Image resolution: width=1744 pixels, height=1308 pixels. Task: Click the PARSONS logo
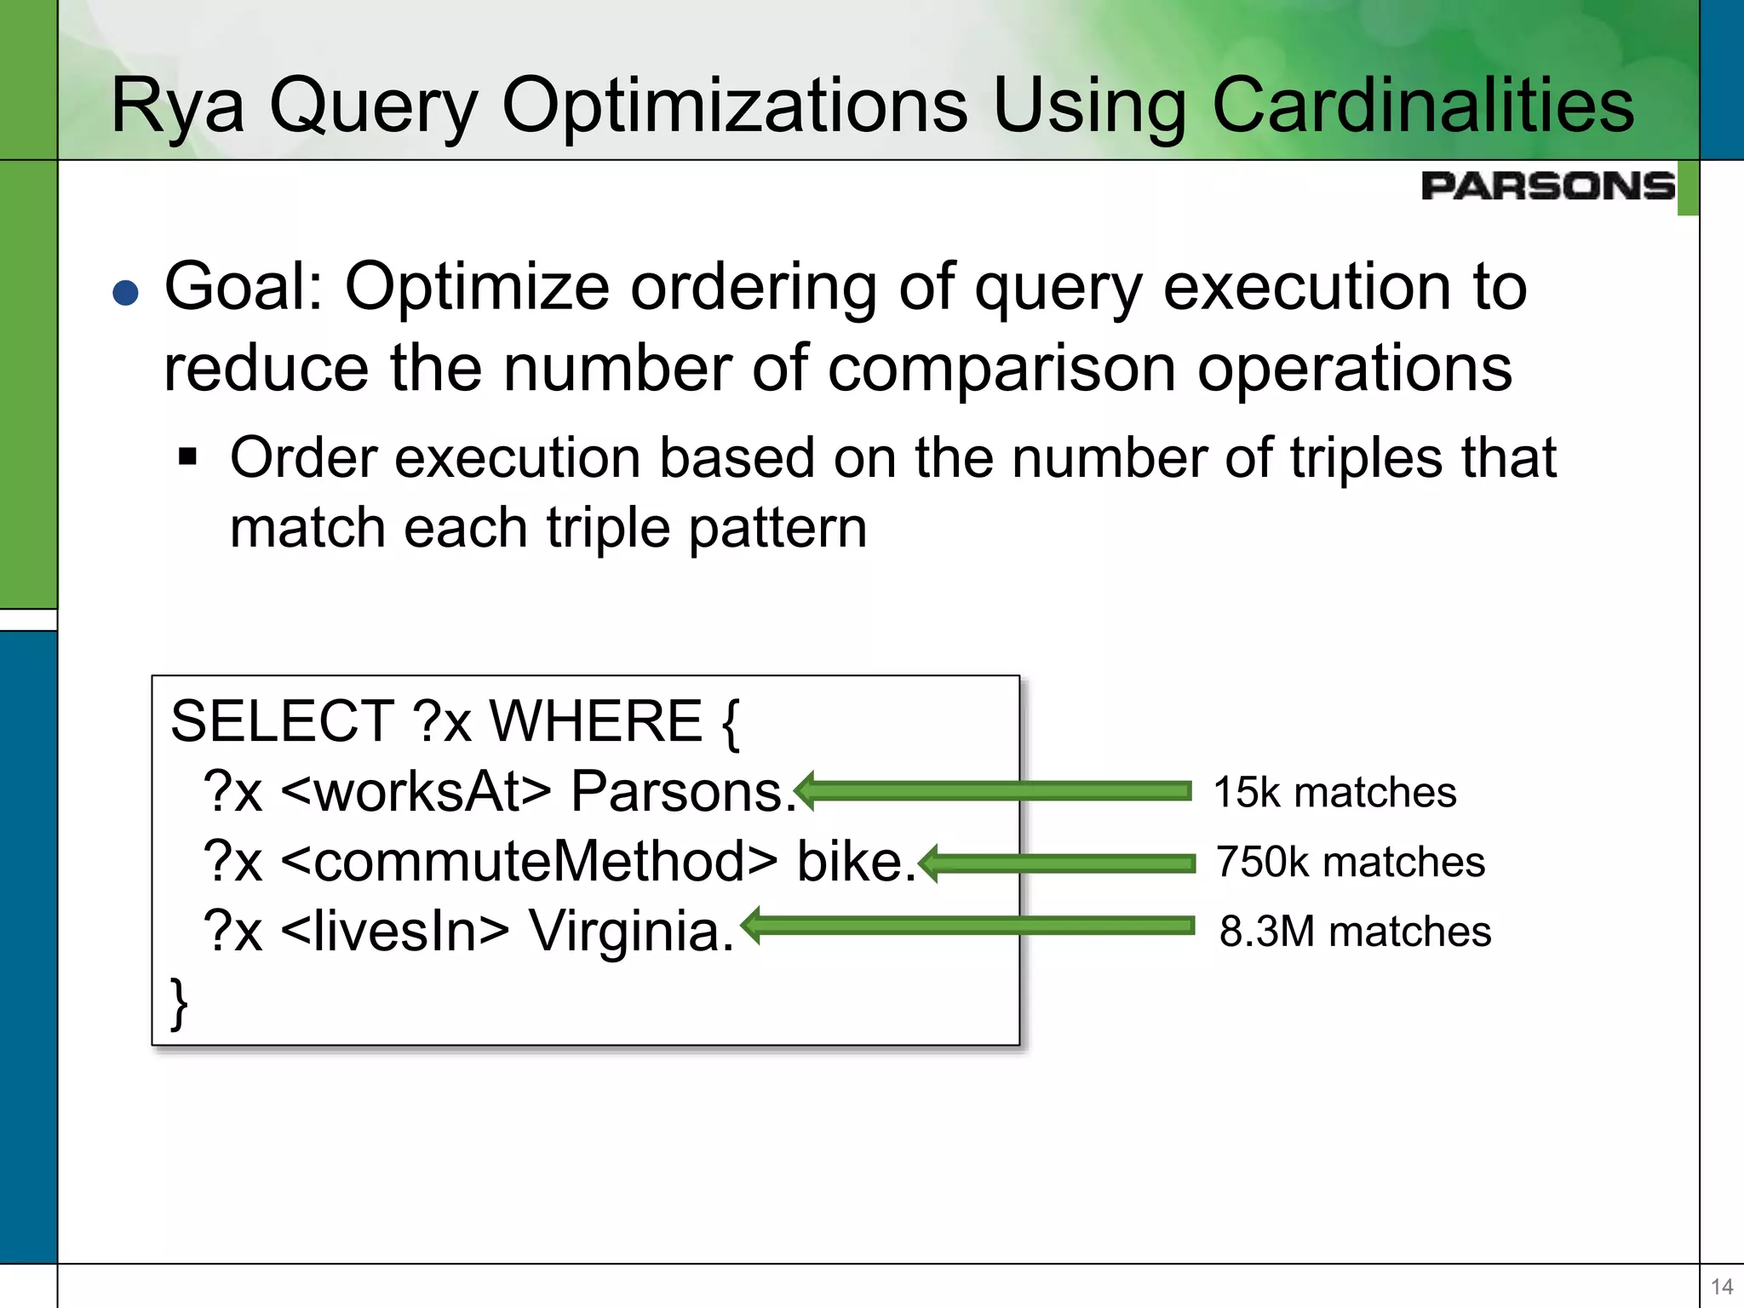coord(1547,186)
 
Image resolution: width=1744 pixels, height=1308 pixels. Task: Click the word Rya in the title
coord(178,106)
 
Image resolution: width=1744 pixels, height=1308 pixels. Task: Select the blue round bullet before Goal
coord(125,293)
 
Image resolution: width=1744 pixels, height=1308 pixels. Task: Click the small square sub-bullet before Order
coord(187,458)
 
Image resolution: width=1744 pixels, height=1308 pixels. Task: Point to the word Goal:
coord(244,288)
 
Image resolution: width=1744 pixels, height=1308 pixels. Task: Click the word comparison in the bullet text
coord(1001,369)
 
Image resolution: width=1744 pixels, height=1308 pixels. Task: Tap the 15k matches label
coord(1334,792)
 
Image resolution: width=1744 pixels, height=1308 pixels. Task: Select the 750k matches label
coord(1350,862)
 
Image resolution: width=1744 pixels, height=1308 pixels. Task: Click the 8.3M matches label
coord(1355,932)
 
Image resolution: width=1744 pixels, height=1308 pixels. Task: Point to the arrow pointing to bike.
coord(1056,863)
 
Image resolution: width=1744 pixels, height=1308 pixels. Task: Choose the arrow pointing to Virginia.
coord(967,926)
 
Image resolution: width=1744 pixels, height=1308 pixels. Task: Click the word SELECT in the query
coord(282,721)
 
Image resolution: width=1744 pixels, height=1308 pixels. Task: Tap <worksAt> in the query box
coord(416,792)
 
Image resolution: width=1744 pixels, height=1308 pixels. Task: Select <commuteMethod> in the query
coord(528,862)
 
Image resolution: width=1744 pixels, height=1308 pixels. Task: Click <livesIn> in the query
coord(394,931)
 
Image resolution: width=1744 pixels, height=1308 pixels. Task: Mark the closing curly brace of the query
coord(179,1003)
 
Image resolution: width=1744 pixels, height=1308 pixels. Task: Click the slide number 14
coord(1721,1286)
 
